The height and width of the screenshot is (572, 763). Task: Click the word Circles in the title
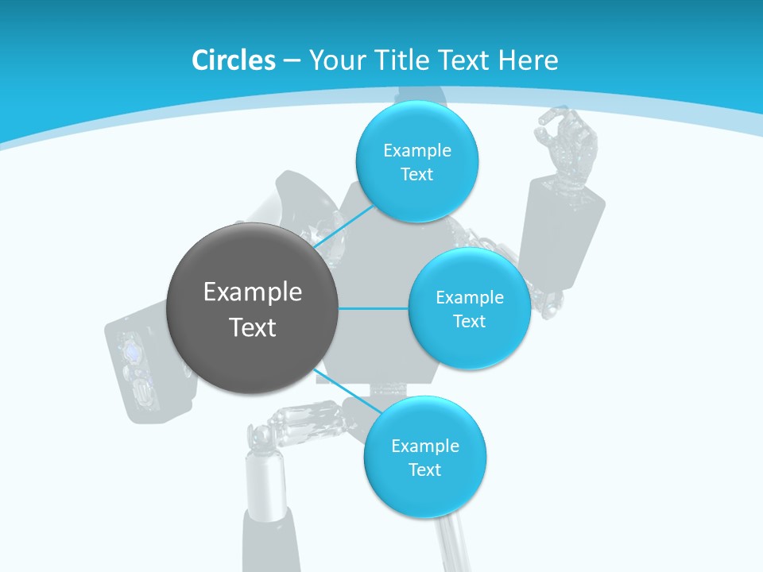coord(233,60)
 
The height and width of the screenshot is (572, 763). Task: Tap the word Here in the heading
coord(528,60)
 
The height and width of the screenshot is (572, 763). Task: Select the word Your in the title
coord(333,60)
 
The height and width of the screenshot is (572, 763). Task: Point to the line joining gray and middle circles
coord(374,308)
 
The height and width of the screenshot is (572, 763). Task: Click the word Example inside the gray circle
coord(253,292)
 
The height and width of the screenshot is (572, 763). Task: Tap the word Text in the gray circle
coord(253,327)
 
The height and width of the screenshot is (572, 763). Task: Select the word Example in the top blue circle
coord(416,151)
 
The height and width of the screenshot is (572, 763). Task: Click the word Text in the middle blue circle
coord(469,322)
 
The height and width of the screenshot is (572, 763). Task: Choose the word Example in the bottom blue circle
coord(424,446)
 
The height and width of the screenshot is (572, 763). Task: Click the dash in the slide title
coord(291,61)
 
